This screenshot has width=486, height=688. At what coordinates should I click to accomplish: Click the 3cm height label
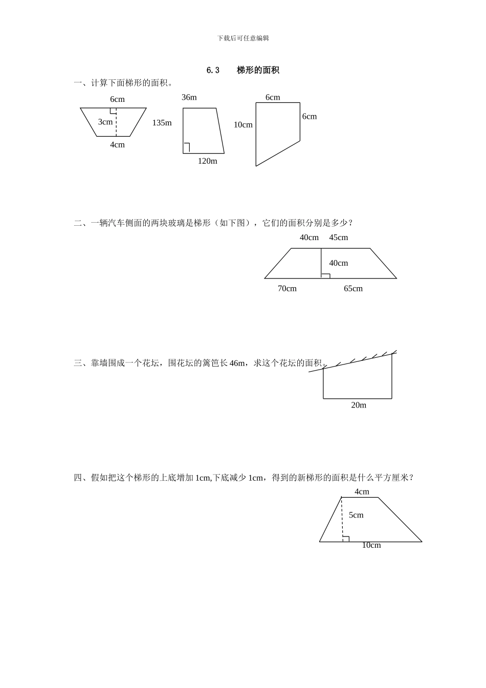(105, 122)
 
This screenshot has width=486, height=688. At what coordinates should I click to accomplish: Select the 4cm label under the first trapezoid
(117, 145)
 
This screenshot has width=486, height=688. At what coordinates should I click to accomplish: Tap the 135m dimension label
(162, 123)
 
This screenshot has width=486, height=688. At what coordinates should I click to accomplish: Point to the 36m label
(189, 97)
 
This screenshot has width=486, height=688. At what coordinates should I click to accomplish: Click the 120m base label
(207, 161)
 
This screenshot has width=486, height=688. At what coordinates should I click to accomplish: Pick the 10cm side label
(243, 125)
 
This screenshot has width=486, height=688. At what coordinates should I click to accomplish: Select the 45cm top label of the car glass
(338, 238)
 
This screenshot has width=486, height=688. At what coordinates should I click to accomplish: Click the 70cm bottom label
(287, 289)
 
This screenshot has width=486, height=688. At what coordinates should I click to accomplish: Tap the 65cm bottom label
(353, 289)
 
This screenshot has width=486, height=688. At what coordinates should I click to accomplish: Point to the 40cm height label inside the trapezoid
(338, 263)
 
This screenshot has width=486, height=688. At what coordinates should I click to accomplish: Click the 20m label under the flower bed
(359, 405)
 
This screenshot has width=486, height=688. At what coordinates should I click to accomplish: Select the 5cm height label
(356, 515)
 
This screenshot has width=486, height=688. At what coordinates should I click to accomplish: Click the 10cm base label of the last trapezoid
(371, 546)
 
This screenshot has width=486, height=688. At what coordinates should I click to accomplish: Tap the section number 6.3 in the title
(213, 71)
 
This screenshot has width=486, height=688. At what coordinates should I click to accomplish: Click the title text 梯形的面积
(258, 71)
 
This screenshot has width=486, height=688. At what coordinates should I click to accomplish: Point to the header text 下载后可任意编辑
(243, 38)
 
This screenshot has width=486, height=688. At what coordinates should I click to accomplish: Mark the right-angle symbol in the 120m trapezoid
(187, 148)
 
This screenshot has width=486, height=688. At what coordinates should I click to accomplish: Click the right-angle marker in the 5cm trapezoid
(346, 539)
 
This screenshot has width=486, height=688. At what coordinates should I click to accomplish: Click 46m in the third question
(237, 363)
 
